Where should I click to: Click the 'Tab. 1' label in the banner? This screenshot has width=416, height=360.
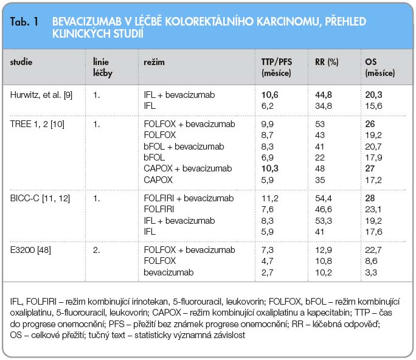click(x=24, y=22)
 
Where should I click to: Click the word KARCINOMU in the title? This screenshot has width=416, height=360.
click(x=288, y=22)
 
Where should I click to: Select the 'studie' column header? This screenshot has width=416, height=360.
click(x=21, y=62)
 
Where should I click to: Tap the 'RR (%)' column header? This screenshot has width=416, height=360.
click(x=327, y=62)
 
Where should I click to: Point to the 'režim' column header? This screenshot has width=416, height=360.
click(x=154, y=62)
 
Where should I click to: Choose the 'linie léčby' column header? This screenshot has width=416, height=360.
click(x=103, y=67)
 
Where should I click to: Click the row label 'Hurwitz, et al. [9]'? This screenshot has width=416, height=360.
click(x=41, y=95)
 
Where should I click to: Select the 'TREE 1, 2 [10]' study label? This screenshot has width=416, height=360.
click(x=37, y=124)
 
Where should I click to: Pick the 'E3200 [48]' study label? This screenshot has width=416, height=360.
click(x=30, y=250)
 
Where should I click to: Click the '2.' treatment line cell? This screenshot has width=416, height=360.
click(x=96, y=250)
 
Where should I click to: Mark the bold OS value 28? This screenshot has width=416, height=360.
click(x=370, y=198)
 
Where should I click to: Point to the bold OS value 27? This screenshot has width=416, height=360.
click(x=370, y=168)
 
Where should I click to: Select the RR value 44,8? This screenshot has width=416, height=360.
click(x=324, y=95)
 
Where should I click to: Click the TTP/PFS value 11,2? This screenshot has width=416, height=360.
click(x=270, y=198)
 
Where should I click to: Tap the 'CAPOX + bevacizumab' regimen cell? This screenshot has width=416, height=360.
click(x=188, y=168)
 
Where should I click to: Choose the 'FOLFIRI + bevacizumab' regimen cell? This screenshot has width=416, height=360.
click(x=189, y=198)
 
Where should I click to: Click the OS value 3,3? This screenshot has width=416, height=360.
click(x=371, y=272)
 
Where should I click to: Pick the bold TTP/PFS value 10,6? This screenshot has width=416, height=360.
click(x=270, y=95)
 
